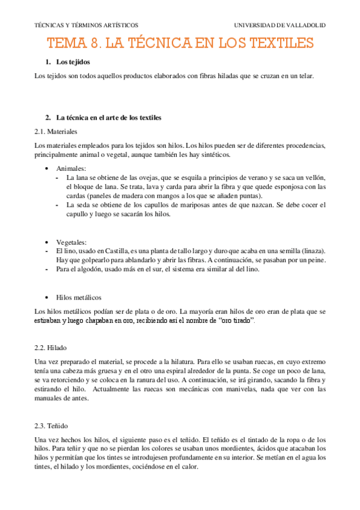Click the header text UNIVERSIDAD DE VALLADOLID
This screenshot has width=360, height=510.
click(x=279, y=25)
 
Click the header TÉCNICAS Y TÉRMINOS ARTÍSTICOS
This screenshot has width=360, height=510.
click(x=86, y=25)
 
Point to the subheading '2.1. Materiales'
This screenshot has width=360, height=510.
click(x=56, y=131)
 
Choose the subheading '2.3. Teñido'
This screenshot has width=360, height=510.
click(x=51, y=425)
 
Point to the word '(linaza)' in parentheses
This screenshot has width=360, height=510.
click(x=313, y=250)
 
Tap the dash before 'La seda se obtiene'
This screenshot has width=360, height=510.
click(x=56, y=205)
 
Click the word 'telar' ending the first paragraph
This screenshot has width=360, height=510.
click(x=305, y=76)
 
